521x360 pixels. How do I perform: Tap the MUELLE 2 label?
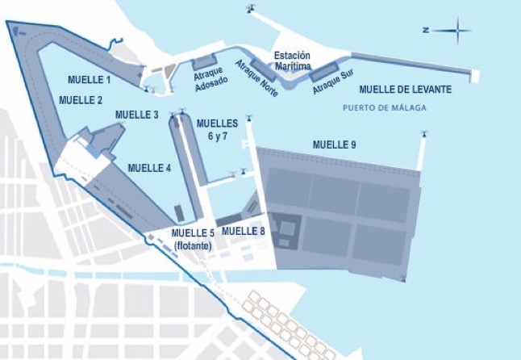[80, 100]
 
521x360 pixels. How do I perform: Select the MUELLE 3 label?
[136, 115]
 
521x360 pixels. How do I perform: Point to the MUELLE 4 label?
[149, 168]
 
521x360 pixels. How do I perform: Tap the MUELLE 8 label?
[243, 231]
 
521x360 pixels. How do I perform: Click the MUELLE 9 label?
[334, 144]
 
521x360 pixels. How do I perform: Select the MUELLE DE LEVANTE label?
[405, 90]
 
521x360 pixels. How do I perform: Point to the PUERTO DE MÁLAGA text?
[384, 107]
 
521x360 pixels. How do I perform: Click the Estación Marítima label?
[292, 61]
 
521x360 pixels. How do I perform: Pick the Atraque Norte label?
[257, 78]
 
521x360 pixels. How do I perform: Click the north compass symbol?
[457, 32]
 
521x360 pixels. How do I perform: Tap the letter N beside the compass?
[426, 31]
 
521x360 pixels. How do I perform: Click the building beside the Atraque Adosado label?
[202, 61]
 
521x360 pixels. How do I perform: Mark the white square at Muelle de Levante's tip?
[475, 77]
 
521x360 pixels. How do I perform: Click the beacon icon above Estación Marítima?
[249, 10]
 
